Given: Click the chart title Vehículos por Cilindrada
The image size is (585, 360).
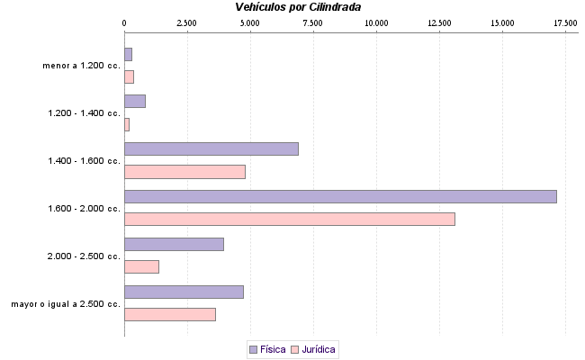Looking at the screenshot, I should pyautogui.click(x=298, y=7).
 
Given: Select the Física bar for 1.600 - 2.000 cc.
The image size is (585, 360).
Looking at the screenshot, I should pyautogui.click(x=340, y=196).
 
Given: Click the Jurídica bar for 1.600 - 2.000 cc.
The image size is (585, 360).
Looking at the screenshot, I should pyautogui.click(x=289, y=219).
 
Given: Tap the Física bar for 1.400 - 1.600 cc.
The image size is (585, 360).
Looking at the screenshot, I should pyautogui.click(x=211, y=148).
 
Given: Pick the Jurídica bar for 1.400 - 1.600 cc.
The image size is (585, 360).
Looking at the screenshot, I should pyautogui.click(x=184, y=171).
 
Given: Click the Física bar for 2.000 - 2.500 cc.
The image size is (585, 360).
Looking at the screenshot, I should pyautogui.click(x=174, y=244).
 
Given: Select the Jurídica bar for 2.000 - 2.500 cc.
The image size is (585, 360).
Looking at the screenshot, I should pyautogui.click(x=141, y=266).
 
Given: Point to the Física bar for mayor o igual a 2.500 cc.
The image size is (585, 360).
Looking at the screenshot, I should pyautogui.click(x=184, y=292).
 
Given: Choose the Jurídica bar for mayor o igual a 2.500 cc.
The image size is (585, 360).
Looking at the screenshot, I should pyautogui.click(x=169, y=314).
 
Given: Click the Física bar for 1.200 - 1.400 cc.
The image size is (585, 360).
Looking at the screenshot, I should pyautogui.click(x=135, y=101).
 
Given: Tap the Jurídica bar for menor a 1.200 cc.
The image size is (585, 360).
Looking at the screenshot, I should pyautogui.click(x=129, y=76).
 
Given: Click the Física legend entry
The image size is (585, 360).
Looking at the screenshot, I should pyautogui.click(x=266, y=349).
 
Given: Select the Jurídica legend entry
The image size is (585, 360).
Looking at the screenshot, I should pyautogui.click(x=314, y=349).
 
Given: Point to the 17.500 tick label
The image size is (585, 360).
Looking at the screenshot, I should pyautogui.click(x=565, y=22).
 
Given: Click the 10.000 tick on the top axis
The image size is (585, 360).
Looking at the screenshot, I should pyautogui.click(x=376, y=22).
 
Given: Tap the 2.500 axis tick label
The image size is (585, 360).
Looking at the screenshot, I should pyautogui.click(x=187, y=22).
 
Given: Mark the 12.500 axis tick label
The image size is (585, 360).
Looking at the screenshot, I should pyautogui.click(x=439, y=22).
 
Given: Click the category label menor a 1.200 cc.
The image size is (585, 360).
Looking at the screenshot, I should pyautogui.click(x=81, y=66).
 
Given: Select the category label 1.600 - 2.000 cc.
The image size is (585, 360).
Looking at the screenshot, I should pyautogui.click(x=85, y=209).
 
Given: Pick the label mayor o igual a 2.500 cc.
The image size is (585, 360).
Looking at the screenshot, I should pyautogui.click(x=66, y=304).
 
